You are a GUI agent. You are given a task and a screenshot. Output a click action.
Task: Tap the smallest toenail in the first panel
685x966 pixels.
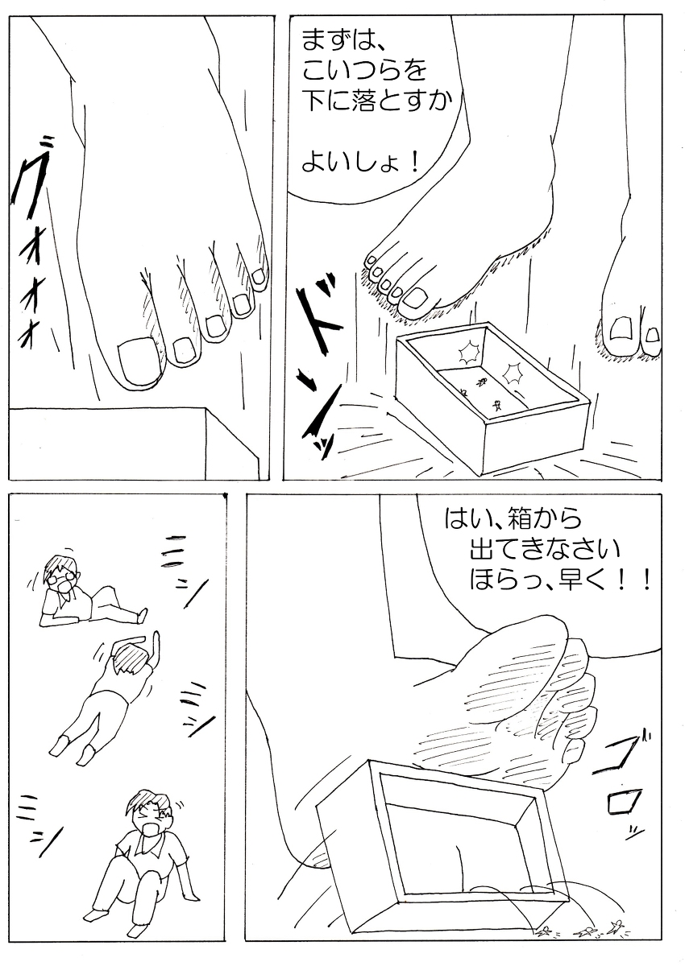[x=259, y=278]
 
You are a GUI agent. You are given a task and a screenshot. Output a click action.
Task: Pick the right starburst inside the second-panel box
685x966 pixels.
[x=512, y=372]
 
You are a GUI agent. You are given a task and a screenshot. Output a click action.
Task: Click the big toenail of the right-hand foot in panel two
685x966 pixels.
[x=622, y=330]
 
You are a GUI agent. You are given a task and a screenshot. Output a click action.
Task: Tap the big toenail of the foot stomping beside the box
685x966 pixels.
[x=417, y=299]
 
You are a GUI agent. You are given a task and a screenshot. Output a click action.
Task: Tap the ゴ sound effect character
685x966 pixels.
[x=623, y=756]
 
